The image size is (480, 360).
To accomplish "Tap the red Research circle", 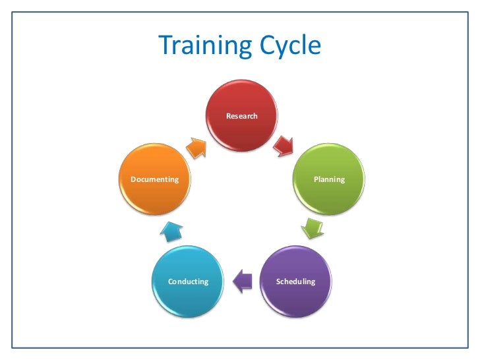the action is [x=242, y=117].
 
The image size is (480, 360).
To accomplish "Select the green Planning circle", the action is [x=328, y=179].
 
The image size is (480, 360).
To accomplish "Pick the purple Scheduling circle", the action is [x=295, y=282].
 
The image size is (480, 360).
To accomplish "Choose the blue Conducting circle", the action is [x=188, y=282].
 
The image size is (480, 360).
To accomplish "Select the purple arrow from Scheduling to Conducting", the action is [x=243, y=282].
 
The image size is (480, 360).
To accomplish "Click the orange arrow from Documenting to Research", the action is [x=196, y=147].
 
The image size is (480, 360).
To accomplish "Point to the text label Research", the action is [x=242, y=117].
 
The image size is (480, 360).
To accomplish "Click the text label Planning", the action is [x=329, y=179].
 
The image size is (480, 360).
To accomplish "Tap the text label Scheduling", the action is [x=295, y=282].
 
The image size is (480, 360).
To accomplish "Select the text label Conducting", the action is [x=188, y=282].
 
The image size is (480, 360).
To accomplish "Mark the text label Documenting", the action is [x=154, y=179].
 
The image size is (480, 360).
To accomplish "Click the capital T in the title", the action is [x=166, y=45].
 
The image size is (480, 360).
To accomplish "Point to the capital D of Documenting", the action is [x=133, y=179].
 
